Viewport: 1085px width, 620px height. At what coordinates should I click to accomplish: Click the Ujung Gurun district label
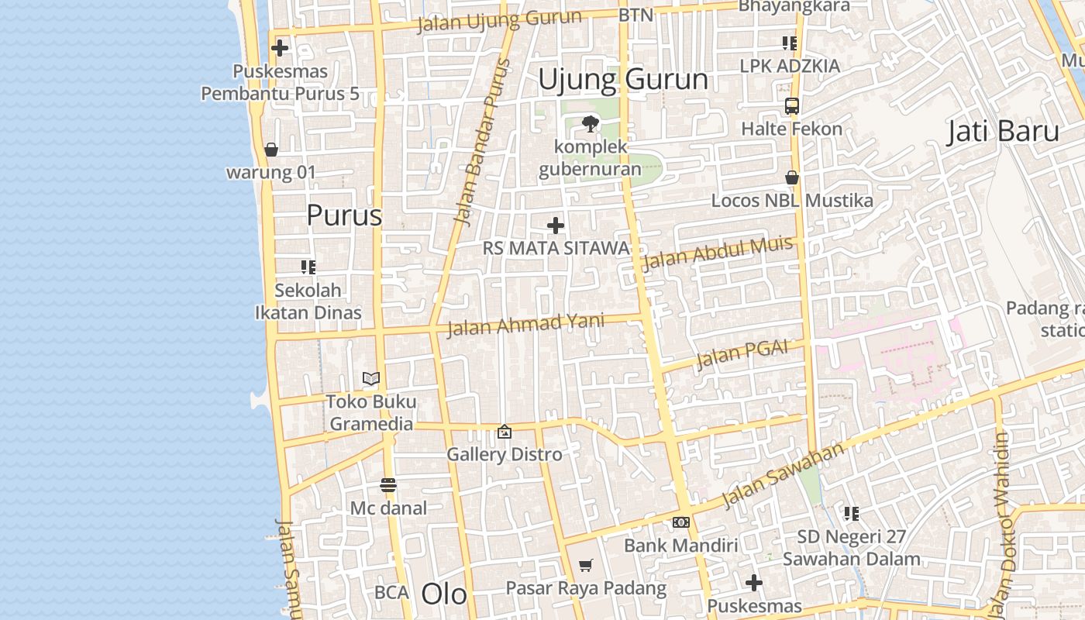pyautogui.click(x=623, y=80)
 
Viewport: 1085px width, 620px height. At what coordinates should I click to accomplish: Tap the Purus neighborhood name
pyautogui.click(x=344, y=215)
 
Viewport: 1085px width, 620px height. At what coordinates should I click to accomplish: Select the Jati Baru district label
pyautogui.click(x=1003, y=132)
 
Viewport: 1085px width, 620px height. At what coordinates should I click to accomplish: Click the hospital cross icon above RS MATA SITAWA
pyautogui.click(x=556, y=226)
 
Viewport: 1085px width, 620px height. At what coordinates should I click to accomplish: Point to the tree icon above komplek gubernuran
pyautogui.click(x=591, y=123)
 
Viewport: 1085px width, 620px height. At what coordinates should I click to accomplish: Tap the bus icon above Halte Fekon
pyautogui.click(x=791, y=106)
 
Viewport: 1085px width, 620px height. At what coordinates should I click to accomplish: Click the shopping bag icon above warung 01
pyautogui.click(x=271, y=150)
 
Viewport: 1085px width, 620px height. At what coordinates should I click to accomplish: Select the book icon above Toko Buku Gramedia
pyautogui.click(x=371, y=379)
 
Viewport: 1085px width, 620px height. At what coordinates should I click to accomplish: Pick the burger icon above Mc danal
pyautogui.click(x=388, y=486)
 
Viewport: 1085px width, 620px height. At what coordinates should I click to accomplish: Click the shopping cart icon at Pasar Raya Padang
pyautogui.click(x=586, y=566)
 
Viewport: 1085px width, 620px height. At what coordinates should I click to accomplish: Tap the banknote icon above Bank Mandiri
pyautogui.click(x=681, y=522)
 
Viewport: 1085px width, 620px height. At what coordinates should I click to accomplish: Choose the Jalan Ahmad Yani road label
pyautogui.click(x=526, y=325)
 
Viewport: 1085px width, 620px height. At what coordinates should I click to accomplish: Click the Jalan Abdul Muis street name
pyautogui.click(x=718, y=253)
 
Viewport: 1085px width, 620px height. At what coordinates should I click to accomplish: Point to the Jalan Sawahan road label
pyautogui.click(x=783, y=475)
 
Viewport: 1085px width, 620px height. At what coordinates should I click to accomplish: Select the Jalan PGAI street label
pyautogui.click(x=742, y=355)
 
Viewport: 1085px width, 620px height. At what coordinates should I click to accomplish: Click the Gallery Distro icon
pyautogui.click(x=505, y=432)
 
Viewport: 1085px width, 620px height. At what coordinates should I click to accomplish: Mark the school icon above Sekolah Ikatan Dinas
pyautogui.click(x=308, y=267)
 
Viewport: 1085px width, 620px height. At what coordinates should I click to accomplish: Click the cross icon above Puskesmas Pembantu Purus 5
pyautogui.click(x=280, y=48)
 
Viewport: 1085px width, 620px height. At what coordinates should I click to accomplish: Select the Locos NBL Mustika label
pyautogui.click(x=792, y=201)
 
